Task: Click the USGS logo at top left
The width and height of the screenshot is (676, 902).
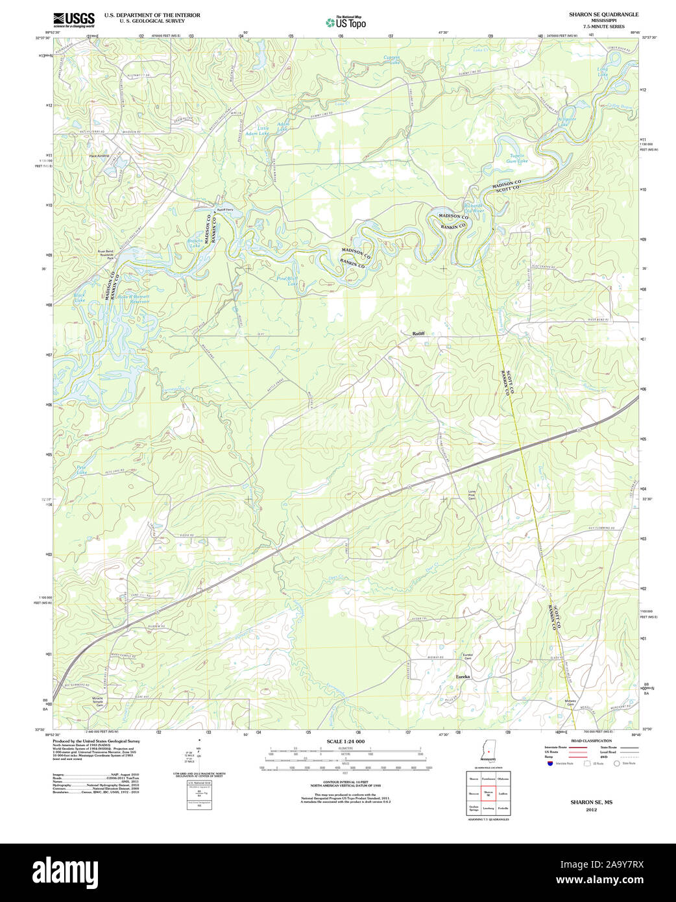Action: pyautogui.click(x=73, y=19)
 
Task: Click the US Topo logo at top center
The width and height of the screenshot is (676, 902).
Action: pyautogui.click(x=346, y=22)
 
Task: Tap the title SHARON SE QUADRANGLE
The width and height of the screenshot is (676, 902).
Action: pyautogui.click(x=603, y=14)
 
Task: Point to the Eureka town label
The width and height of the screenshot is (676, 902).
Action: pyautogui.click(x=463, y=677)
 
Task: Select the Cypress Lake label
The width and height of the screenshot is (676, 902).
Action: pyautogui.click(x=392, y=60)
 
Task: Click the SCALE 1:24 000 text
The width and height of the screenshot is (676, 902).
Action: pyautogui.click(x=345, y=742)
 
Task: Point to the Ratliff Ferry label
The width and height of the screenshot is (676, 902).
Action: pyautogui.click(x=225, y=210)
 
